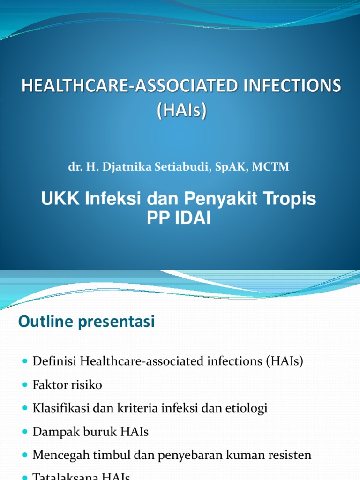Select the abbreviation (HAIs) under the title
coord(180,112)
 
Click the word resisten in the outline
coord(289,455)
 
